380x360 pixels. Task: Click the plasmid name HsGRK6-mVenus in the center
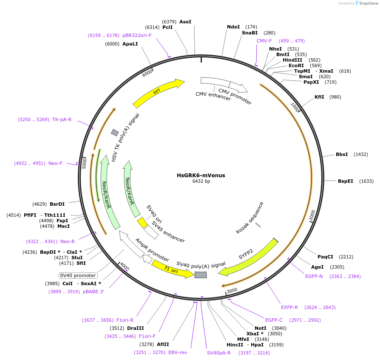pyautogui.click(x=201, y=175)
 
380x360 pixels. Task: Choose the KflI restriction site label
pyautogui.click(x=319, y=97)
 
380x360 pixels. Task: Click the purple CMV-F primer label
pyautogui.click(x=264, y=41)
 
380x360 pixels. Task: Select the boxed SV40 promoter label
pyautogui.click(x=78, y=275)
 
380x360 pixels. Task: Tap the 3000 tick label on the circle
pyautogui.click(x=232, y=291)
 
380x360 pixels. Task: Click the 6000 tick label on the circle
pyautogui.click(x=147, y=73)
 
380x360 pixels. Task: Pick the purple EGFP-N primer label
pyautogui.click(x=314, y=276)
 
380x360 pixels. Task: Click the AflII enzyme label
pyautogui.click(x=163, y=344)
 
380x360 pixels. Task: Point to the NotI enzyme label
pyautogui.click(x=261, y=328)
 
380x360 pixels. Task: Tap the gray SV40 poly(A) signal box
pyautogui.click(x=201, y=275)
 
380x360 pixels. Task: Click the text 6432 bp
pyautogui.click(x=201, y=181)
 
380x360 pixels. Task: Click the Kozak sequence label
pyautogui.click(x=250, y=218)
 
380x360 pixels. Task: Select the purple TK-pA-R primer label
pyautogui.click(x=62, y=120)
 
